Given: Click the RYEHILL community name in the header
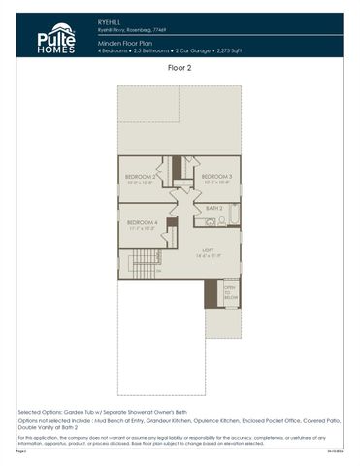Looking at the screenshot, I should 110,18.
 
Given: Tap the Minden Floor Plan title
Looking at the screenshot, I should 127,45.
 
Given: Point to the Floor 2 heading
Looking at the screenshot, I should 180,69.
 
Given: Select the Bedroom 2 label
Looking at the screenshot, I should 142,176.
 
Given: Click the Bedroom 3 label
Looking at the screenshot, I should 215,176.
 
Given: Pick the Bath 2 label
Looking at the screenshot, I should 214,208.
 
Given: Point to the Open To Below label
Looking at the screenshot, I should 231,293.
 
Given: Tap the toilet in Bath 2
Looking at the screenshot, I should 221,222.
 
